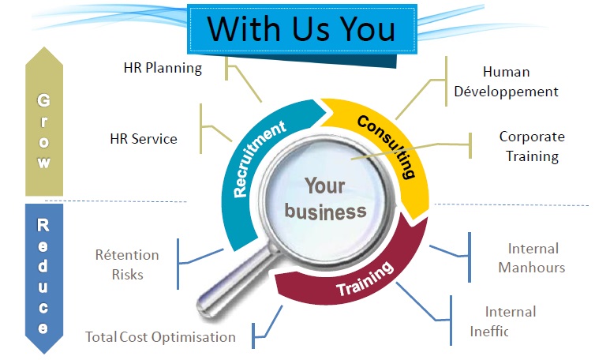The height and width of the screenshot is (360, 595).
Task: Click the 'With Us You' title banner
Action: [301, 29]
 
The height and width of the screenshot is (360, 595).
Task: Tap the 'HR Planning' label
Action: [163, 68]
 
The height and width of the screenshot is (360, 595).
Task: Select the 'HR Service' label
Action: [144, 139]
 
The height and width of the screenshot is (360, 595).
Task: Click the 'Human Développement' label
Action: [506, 82]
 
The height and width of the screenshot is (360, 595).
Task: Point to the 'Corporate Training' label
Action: [531, 146]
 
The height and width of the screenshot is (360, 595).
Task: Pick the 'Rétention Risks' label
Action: [127, 265]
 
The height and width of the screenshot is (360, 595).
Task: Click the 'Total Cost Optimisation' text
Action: [160, 337]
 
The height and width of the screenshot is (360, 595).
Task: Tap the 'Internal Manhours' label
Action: [531, 258]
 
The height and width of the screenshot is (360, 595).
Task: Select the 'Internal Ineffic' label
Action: [510, 321]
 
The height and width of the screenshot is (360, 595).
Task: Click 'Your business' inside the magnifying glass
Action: [325, 198]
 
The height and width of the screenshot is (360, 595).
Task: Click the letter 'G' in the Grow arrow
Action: [44, 101]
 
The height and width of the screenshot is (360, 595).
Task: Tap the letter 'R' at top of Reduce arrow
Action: [44, 226]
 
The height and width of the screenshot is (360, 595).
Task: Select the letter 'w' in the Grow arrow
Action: [44, 163]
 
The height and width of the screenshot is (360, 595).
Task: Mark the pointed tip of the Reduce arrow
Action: [44, 352]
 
